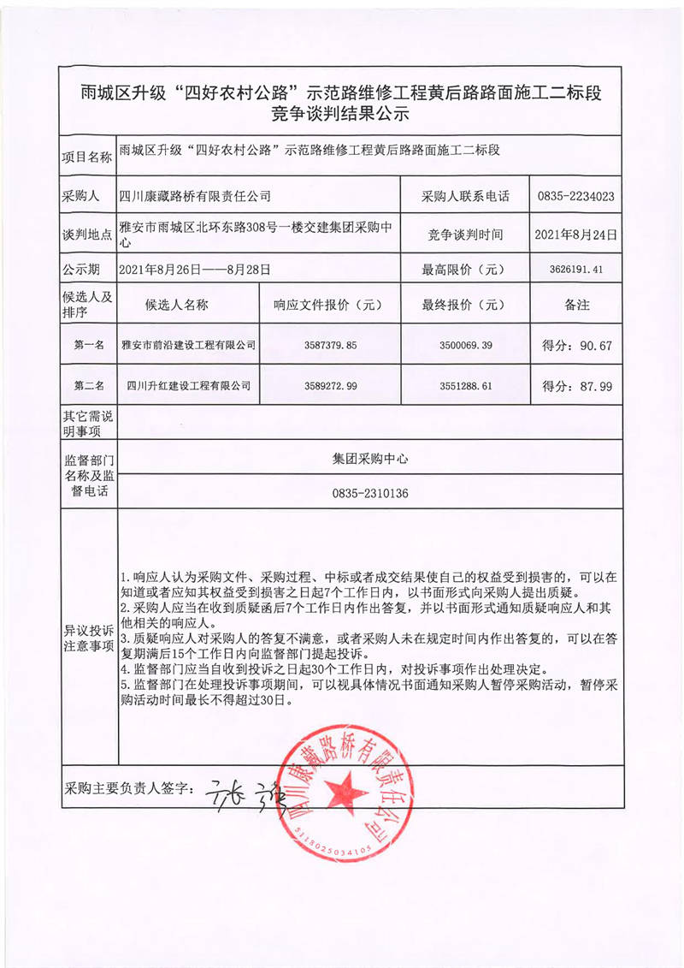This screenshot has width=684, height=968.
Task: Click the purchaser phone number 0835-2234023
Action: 576,196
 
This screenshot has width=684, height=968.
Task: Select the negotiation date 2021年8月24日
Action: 576,234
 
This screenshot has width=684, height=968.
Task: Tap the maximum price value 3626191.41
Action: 576,269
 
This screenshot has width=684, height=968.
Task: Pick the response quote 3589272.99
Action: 329,386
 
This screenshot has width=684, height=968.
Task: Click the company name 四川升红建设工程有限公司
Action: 189,386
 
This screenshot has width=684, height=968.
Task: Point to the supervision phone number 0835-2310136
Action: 370,493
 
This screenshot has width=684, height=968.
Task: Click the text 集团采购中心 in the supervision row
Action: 370,458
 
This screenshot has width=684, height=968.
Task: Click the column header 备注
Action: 576,305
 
